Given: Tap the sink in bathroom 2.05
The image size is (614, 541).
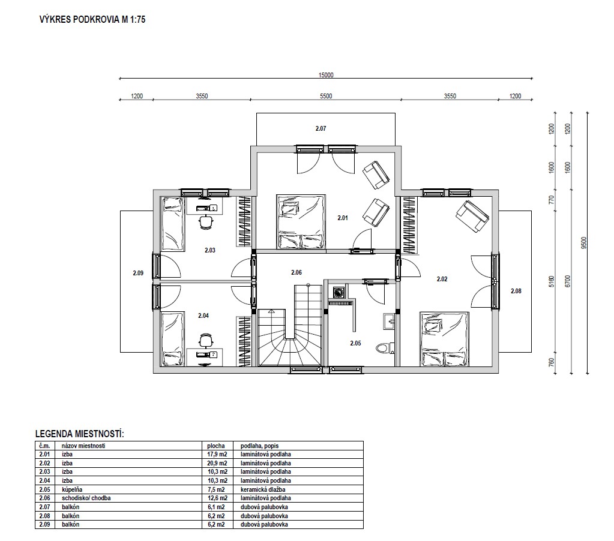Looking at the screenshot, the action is coord(388,321).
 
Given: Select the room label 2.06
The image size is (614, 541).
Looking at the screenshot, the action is coord(296,272).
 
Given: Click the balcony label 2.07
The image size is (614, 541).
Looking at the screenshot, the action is coord(321,128).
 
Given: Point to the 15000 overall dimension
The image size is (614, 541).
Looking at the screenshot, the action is coord(326,75).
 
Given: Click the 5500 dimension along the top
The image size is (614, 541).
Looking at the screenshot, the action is coord(326,96).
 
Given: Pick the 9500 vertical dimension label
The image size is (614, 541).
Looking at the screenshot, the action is coord(584,242).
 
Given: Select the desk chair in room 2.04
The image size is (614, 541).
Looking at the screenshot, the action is coord(206,340).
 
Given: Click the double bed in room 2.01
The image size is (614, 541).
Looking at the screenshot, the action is coord(301,221).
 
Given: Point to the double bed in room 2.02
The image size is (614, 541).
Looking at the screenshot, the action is coord(444,339).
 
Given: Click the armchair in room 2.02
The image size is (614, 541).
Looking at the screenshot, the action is coord(472,217).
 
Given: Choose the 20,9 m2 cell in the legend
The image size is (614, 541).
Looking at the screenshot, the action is coord(217,463).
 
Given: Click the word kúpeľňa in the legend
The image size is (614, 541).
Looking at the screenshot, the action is coord(72,489).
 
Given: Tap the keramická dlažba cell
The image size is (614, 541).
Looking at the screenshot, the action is coord(263,489).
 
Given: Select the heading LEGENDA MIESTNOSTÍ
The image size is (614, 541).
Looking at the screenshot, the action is coord(80,434).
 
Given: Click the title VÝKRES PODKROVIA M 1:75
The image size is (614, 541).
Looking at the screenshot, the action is coord(92,20).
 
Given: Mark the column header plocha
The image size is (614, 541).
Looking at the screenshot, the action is coord(216,446).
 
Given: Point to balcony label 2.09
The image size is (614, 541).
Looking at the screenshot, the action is coord(138,273).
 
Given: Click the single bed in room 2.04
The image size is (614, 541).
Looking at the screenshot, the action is coord(173,339).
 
